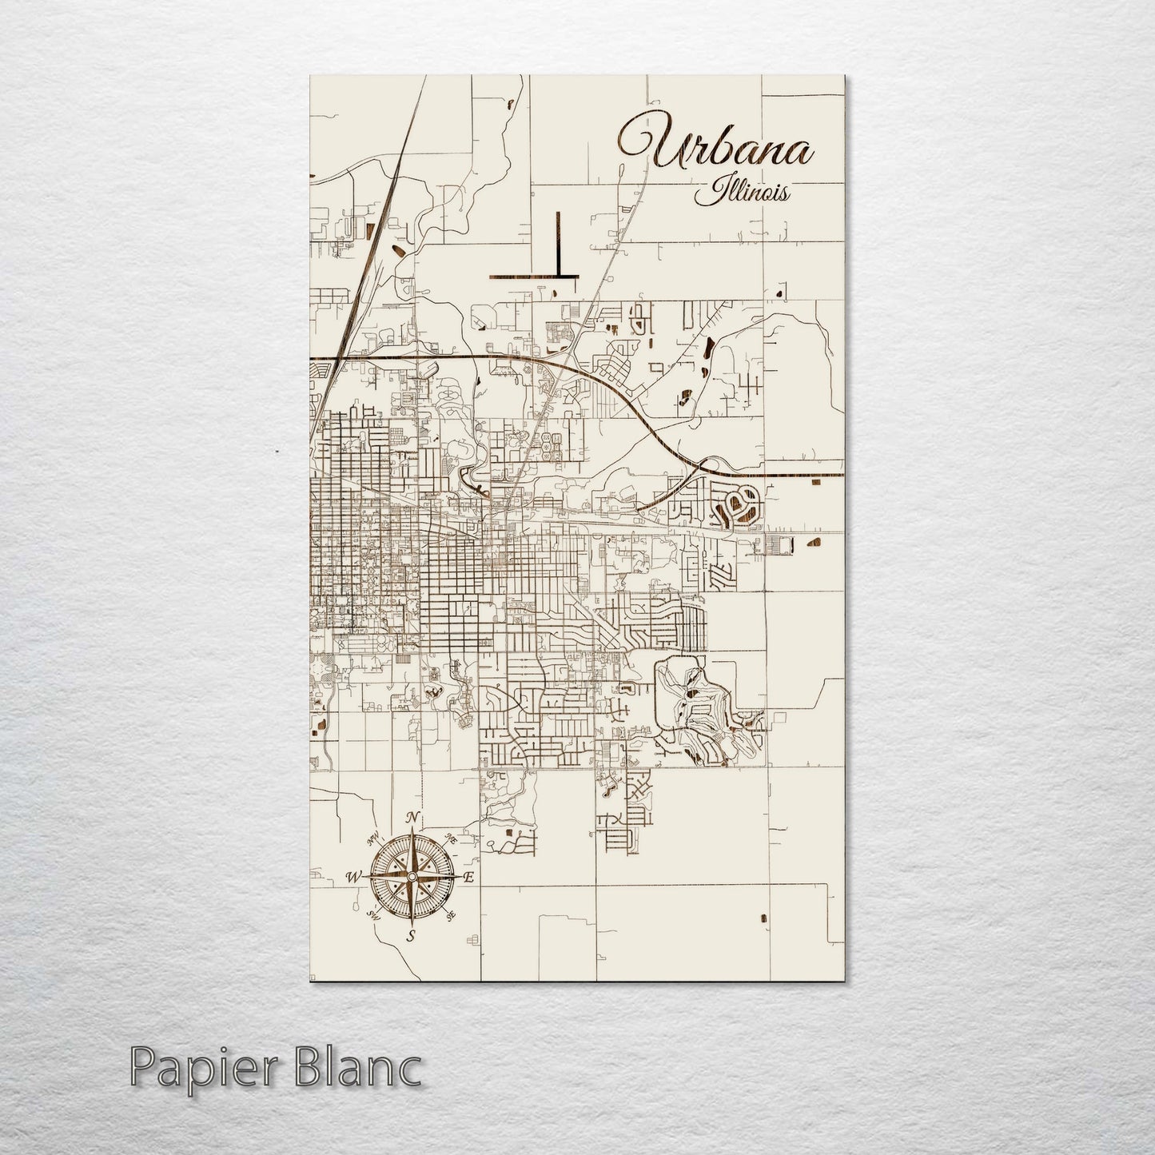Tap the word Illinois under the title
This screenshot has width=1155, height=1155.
pos(744,193)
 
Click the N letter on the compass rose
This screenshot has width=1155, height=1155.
pos(412,817)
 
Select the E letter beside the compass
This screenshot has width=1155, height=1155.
pos(469,878)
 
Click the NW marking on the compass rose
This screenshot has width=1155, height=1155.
pos(372,839)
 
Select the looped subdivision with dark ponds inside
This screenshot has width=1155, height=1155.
pos(741,505)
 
